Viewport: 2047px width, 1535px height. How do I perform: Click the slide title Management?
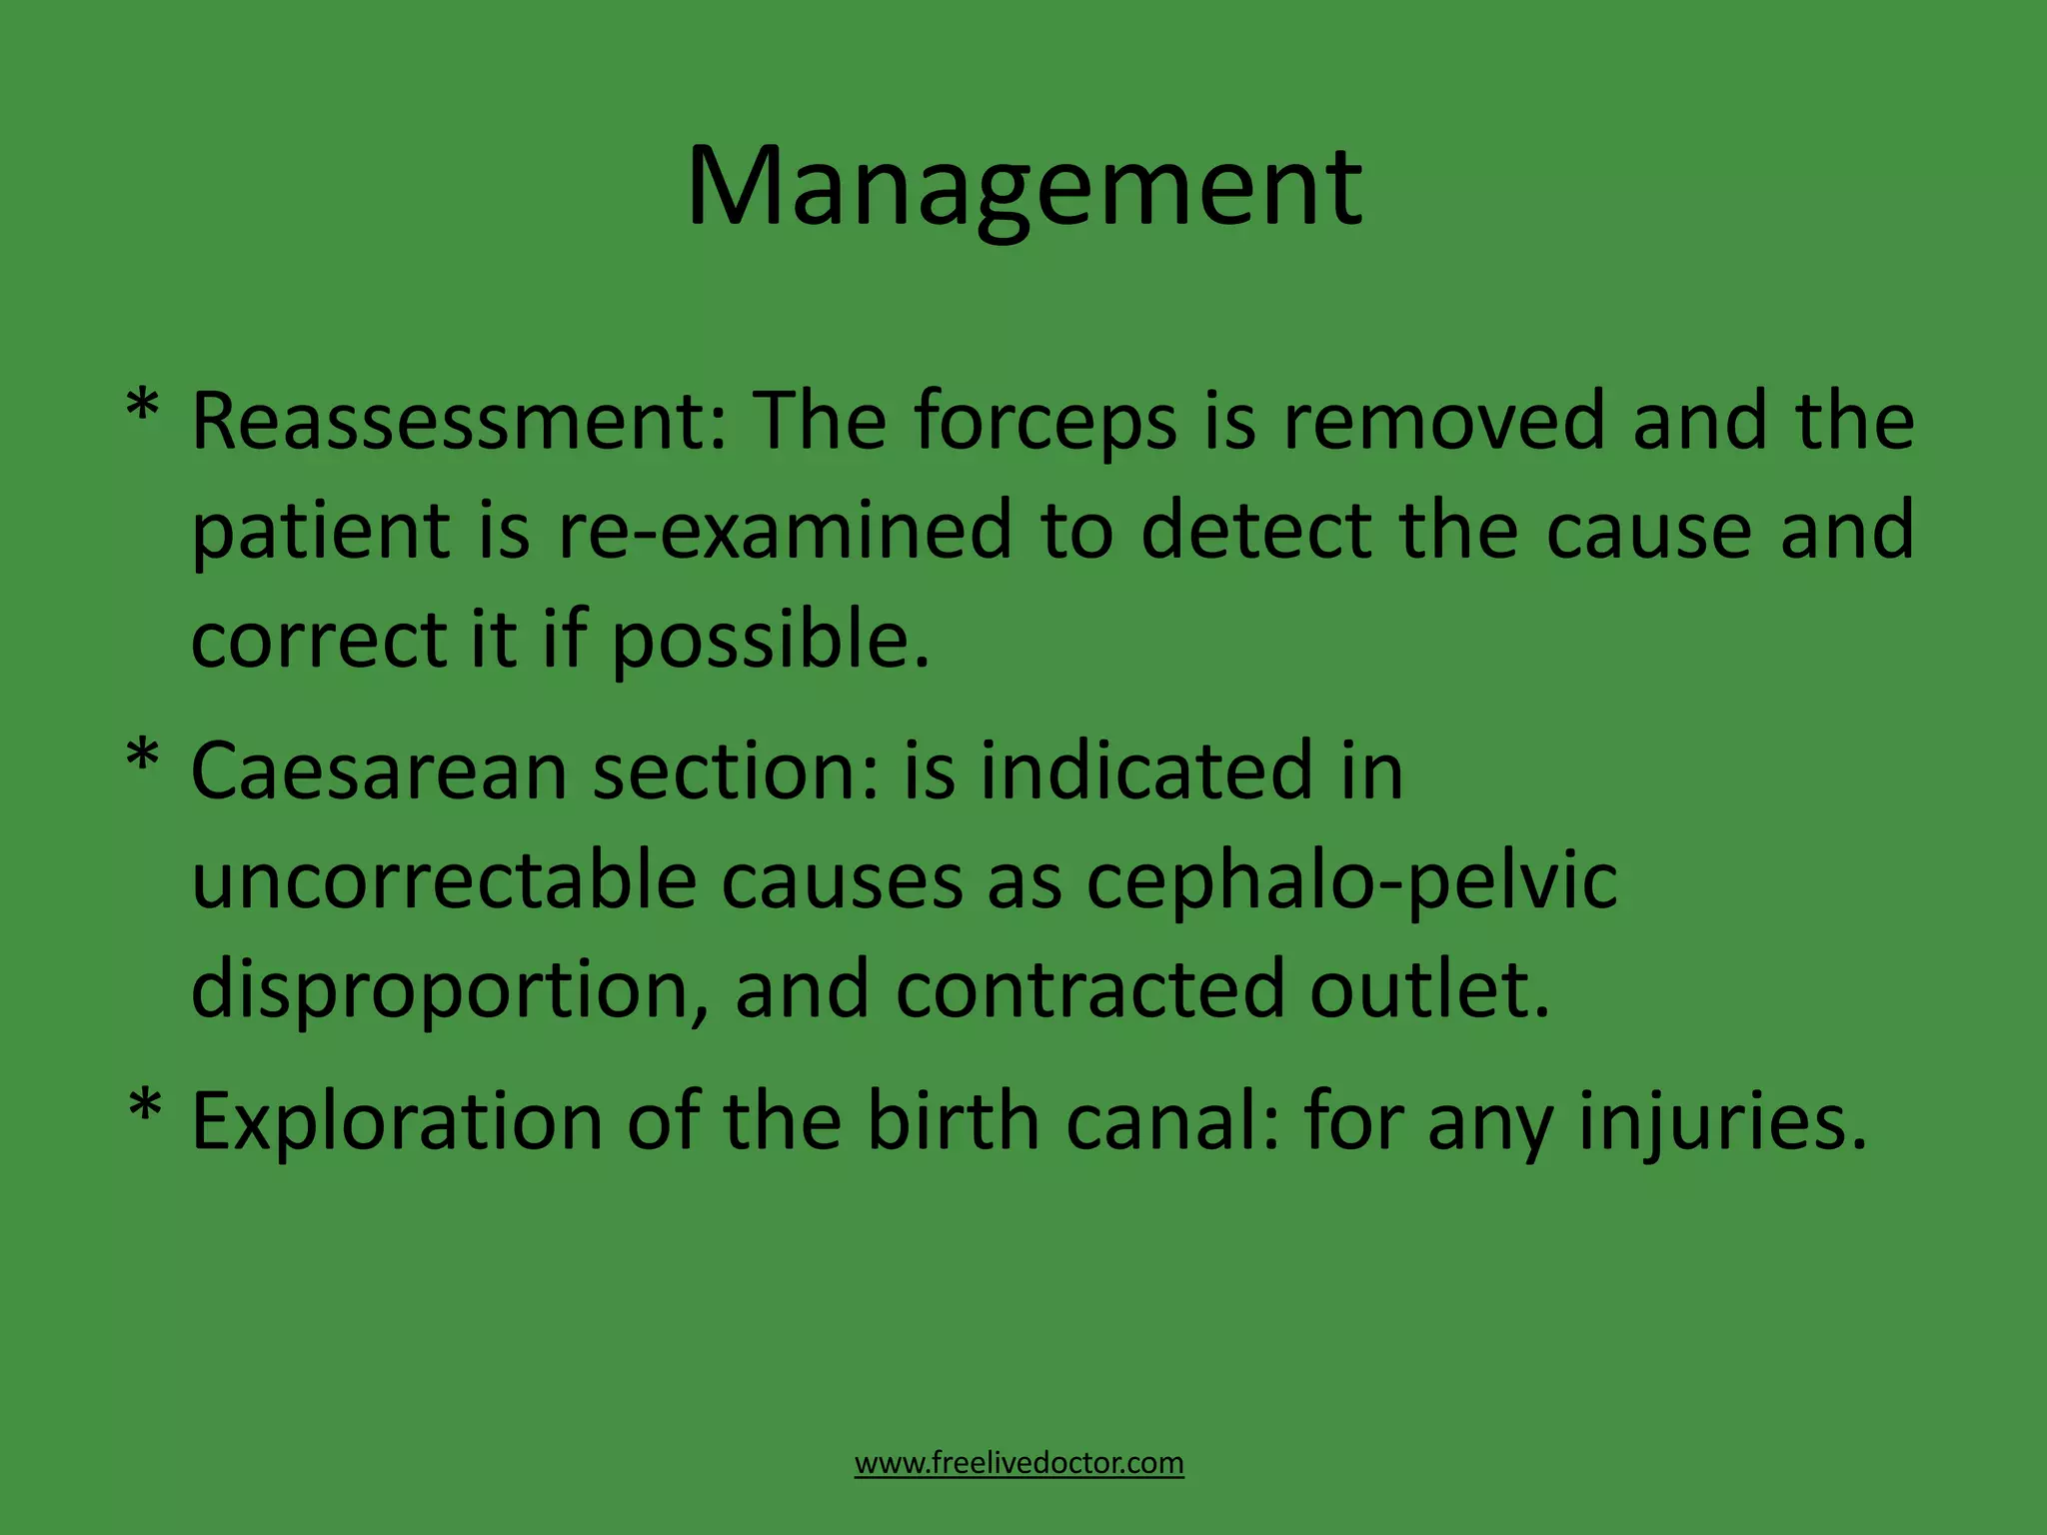1023,188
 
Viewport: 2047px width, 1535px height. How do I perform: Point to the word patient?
321,532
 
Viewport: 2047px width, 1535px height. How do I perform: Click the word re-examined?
785,530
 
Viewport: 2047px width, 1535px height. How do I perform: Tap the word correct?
317,640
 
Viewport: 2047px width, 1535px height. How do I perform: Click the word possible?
770,642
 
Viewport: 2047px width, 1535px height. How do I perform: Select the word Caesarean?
379,770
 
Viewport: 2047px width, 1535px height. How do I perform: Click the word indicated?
1145,770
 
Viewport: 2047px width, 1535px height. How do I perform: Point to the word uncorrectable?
443,880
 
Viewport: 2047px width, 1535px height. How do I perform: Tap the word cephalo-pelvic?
1351,882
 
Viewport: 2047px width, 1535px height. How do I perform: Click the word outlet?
1429,989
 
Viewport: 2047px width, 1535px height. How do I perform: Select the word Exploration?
397,1122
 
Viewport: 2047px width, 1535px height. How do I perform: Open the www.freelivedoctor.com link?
1019,1463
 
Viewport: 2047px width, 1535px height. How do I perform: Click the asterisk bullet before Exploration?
145,1109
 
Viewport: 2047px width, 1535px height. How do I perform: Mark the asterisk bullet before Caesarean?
143,758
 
